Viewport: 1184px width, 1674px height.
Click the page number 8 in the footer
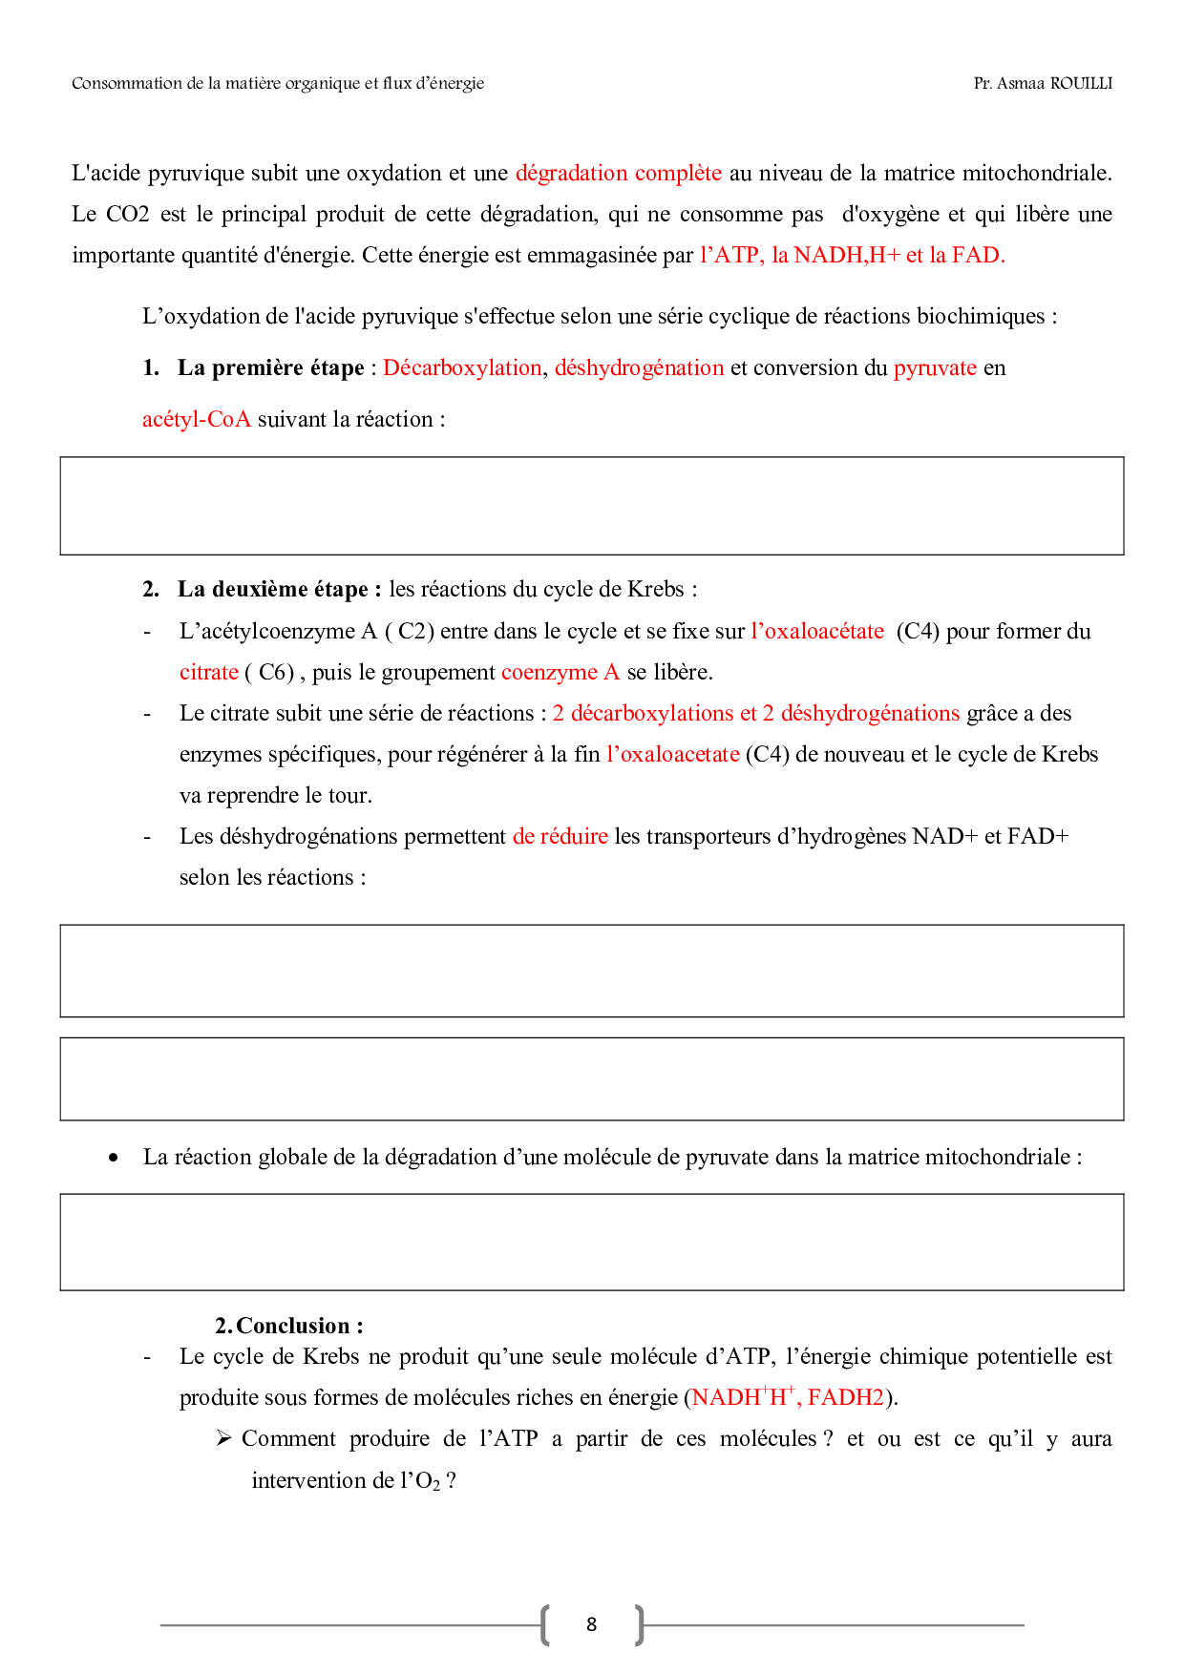coord(591,1624)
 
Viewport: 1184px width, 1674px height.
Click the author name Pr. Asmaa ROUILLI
coord(1043,84)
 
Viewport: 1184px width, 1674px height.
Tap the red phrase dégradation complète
coord(618,174)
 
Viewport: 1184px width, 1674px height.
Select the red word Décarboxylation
coord(462,368)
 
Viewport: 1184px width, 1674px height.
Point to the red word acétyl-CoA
coord(196,420)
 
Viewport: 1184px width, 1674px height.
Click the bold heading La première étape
coord(270,368)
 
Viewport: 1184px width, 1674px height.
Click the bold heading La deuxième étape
coord(279,590)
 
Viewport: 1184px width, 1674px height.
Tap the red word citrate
coord(208,673)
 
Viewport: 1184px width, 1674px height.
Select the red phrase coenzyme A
coord(560,673)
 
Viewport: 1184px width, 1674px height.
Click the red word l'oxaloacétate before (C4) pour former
coord(817,632)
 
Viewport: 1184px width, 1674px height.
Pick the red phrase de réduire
coord(560,837)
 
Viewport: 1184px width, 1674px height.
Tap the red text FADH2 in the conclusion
coord(846,1398)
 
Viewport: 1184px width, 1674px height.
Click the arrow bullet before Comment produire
coord(224,1438)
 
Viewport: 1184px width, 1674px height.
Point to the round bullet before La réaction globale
coord(115,1158)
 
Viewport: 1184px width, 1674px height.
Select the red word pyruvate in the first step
coord(935,368)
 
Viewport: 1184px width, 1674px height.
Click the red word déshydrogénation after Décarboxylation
coord(639,368)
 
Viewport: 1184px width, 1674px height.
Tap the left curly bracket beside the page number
coord(545,1624)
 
